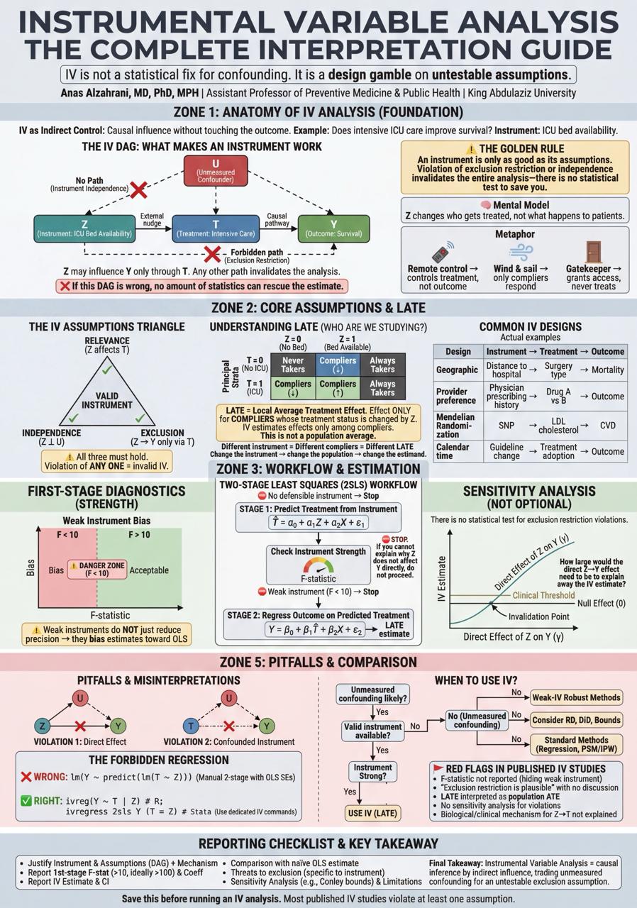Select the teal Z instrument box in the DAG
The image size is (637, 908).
click(x=84, y=228)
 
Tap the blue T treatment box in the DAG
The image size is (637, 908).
click(x=216, y=228)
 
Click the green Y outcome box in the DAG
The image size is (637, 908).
click(x=333, y=228)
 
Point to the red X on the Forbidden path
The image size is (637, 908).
click(x=212, y=254)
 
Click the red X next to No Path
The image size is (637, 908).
click(x=139, y=189)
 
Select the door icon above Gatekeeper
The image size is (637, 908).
click(x=593, y=252)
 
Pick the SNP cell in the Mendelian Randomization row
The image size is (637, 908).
click(x=506, y=426)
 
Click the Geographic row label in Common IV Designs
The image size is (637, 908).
click(x=457, y=370)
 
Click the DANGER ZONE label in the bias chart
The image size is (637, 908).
click(x=97, y=569)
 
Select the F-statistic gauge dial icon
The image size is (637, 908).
click(x=318, y=566)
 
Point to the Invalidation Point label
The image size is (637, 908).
click(x=539, y=616)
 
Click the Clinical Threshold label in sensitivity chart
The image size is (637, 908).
click(x=543, y=595)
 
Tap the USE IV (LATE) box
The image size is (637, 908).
click(x=372, y=813)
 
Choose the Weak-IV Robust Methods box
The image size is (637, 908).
click(x=576, y=697)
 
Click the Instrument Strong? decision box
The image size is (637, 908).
click(x=372, y=772)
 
